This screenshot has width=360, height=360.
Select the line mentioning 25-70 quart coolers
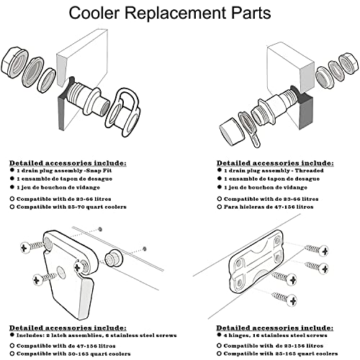pos(71,207)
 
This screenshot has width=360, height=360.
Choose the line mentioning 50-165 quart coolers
pos(72,353)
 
